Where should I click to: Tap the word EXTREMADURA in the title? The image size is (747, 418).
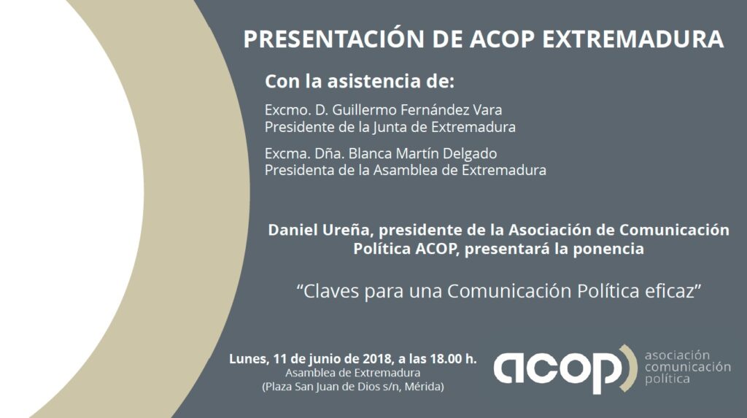633,39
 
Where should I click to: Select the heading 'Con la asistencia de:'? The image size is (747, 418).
360,82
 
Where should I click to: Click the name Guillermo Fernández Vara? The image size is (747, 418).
417,110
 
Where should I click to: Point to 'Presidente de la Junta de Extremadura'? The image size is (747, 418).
390,127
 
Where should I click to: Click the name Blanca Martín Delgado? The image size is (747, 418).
422,153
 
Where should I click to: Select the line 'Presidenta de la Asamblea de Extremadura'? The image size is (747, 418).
406,170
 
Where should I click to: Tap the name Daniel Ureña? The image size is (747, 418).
318,230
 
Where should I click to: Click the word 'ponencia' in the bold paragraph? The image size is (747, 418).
608,249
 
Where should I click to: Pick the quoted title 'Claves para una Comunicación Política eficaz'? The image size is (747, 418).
499,291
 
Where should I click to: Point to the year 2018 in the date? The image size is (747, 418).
377,358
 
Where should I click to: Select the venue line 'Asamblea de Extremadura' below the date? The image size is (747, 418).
353,373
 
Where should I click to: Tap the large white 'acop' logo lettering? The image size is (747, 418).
558,370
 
